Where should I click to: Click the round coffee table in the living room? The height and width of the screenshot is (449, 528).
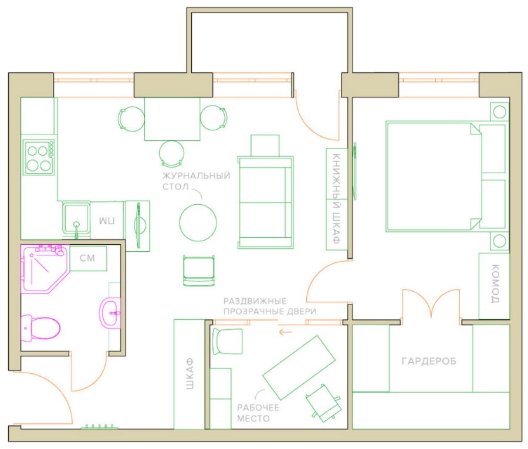[x=198, y=222]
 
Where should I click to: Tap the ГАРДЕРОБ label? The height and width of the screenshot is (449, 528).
[x=429, y=361]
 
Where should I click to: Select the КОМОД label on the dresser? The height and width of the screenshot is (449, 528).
[x=495, y=283]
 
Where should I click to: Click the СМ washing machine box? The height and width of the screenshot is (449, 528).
[x=88, y=258]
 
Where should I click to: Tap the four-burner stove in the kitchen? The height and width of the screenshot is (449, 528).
[x=39, y=157]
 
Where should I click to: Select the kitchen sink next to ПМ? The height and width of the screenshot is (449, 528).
[x=76, y=218]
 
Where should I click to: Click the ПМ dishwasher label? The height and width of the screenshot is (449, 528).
[x=107, y=221]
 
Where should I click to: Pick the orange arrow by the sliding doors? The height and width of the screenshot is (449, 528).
[x=285, y=332]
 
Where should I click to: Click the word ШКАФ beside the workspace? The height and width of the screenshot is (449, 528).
[x=190, y=374]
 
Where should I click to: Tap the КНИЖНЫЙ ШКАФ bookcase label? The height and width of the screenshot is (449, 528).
[x=336, y=198]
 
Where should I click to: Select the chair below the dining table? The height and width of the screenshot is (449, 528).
[x=172, y=154]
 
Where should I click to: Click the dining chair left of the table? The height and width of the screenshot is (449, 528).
[x=131, y=119]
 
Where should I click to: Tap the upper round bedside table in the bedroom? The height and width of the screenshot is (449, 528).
[x=499, y=112]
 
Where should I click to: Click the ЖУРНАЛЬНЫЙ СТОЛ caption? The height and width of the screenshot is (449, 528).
[x=197, y=181]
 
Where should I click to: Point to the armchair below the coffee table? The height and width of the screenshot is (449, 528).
[x=199, y=271]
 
